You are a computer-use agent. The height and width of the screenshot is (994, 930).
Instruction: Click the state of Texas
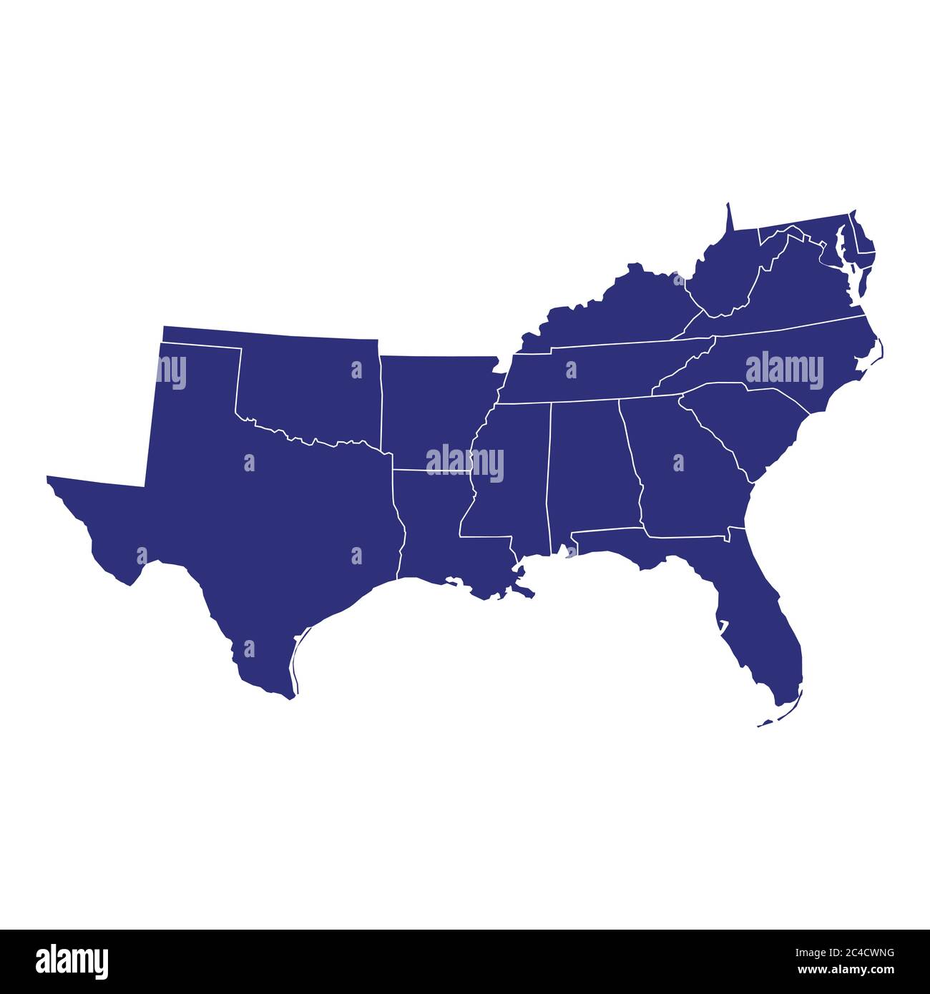(x=272, y=515)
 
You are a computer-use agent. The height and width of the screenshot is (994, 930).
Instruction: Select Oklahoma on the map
(x=308, y=386)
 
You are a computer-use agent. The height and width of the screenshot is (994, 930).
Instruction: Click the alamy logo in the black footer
(x=72, y=961)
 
